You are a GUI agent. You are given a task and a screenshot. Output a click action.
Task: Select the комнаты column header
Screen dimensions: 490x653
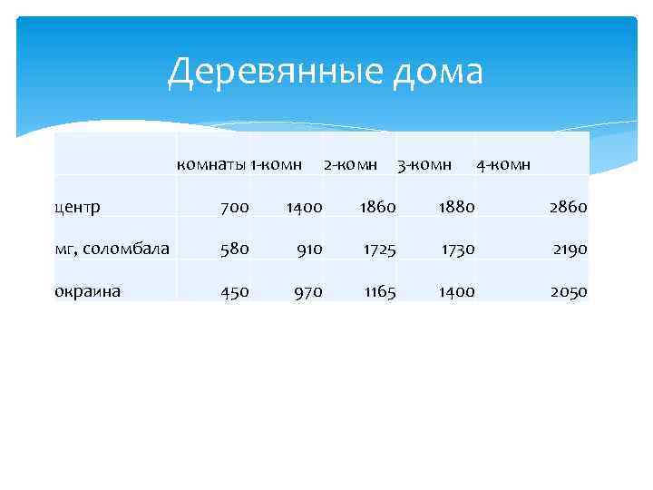pyautogui.click(x=212, y=164)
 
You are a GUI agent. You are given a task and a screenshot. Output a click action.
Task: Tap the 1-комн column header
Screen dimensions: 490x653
pyautogui.click(x=276, y=164)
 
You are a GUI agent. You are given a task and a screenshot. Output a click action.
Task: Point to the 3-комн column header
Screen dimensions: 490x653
pyautogui.click(x=424, y=164)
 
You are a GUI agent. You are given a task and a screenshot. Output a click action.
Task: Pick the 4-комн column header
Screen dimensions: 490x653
pyautogui.click(x=503, y=164)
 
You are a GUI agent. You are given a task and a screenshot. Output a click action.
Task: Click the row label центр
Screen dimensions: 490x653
pyautogui.click(x=77, y=207)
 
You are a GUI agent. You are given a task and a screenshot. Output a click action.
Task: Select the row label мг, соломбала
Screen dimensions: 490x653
pyautogui.click(x=112, y=249)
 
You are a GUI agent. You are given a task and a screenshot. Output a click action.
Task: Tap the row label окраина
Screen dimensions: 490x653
pyautogui.click(x=88, y=291)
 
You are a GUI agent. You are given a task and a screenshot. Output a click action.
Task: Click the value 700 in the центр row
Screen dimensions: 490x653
pyautogui.click(x=234, y=207)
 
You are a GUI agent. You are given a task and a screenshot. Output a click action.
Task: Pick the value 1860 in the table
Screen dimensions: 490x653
pyautogui.click(x=377, y=207)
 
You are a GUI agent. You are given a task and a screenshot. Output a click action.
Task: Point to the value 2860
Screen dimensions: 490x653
pyautogui.click(x=568, y=207)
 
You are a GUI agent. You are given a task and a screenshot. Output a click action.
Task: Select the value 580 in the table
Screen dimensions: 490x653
pyautogui.click(x=234, y=249)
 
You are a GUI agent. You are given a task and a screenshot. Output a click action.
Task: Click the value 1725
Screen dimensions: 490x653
pyautogui.click(x=378, y=249)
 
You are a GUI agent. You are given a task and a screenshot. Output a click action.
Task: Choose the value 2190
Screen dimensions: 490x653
pyautogui.click(x=568, y=249)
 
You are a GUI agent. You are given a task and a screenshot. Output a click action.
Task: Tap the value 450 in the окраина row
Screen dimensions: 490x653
pyautogui.click(x=234, y=291)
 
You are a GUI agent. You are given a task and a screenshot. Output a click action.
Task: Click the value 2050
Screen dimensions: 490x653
pyautogui.click(x=568, y=291)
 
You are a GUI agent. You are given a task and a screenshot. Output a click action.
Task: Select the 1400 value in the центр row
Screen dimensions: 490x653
pyautogui.click(x=304, y=207)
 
